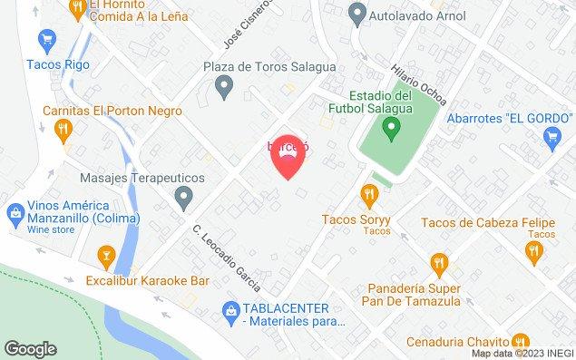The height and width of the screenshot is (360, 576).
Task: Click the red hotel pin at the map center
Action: click(x=288, y=160)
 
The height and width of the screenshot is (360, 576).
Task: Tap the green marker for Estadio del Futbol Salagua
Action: click(x=391, y=130)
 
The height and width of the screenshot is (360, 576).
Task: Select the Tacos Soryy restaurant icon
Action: click(x=369, y=193)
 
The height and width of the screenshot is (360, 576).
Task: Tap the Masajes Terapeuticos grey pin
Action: click(x=184, y=194)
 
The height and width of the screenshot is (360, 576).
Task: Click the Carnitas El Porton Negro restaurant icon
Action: click(x=61, y=131)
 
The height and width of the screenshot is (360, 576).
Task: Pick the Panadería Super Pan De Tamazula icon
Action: click(x=438, y=265)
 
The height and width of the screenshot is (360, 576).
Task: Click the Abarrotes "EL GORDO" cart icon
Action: click(x=550, y=137)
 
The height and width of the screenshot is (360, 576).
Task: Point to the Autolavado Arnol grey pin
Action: click(x=357, y=15)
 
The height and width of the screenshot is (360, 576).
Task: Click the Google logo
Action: click(x=31, y=348)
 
